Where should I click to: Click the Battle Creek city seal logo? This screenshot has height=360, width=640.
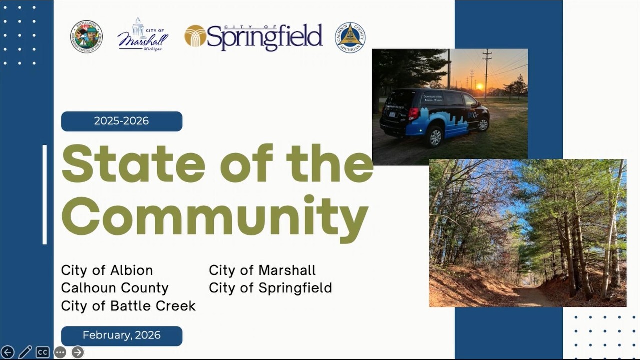(x=86, y=37)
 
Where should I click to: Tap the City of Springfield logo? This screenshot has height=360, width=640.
(x=253, y=37)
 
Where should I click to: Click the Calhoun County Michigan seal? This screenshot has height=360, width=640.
(x=350, y=37)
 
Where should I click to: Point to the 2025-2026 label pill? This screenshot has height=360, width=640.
(x=122, y=121)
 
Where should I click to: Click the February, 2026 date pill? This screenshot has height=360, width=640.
(x=122, y=336)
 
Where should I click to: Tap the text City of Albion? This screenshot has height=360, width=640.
(x=107, y=270)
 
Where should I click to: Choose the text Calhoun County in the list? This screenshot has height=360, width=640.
(x=115, y=288)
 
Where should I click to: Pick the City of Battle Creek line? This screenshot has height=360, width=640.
(x=128, y=306)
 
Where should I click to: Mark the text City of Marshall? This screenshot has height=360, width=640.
(x=262, y=270)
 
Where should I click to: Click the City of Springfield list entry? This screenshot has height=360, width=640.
(x=270, y=288)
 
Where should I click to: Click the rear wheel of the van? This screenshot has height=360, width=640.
(x=435, y=136)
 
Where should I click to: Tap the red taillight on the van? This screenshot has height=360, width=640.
(x=413, y=114)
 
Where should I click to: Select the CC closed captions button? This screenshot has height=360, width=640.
(x=42, y=352)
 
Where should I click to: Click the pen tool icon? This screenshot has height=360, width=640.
(x=25, y=352)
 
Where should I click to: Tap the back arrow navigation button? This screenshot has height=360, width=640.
(x=7, y=352)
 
